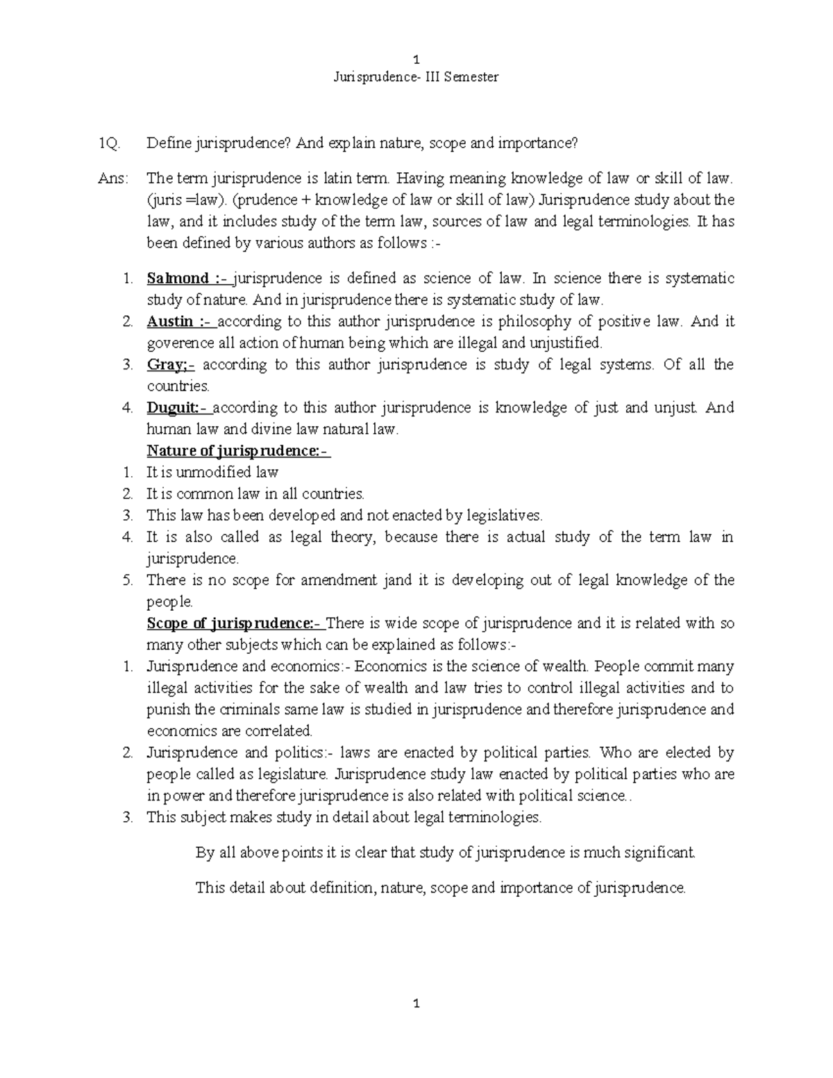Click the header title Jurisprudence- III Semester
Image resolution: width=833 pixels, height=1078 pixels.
416,77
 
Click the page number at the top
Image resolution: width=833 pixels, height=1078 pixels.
416,59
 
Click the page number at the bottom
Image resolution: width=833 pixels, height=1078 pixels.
416,1004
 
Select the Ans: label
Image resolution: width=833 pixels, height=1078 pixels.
113,178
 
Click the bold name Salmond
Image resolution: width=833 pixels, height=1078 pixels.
178,278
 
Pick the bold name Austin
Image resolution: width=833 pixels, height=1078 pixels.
170,321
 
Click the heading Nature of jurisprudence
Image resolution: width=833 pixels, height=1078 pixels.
237,450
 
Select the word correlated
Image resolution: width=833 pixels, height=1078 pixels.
278,731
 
